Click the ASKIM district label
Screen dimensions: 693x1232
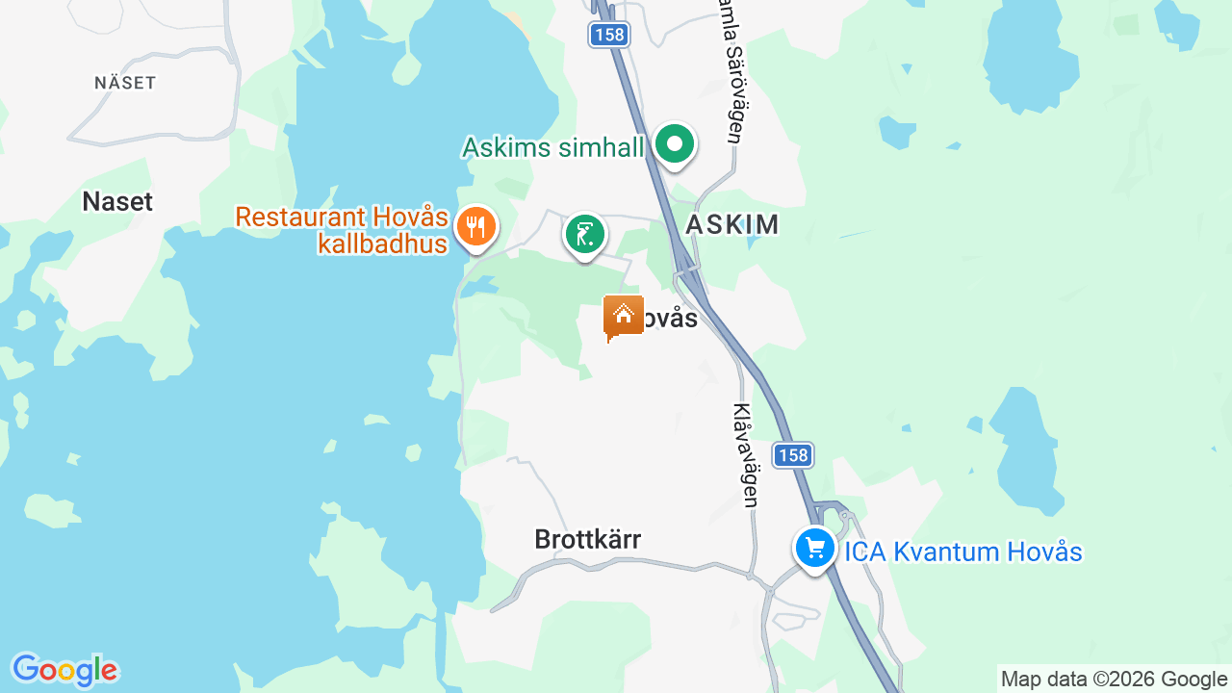coord(731,224)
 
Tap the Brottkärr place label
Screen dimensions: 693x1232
coord(587,539)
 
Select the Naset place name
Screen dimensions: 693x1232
coord(117,201)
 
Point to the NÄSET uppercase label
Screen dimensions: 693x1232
coord(125,83)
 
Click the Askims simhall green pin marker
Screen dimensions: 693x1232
coord(675,144)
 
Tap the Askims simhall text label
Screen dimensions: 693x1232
coord(552,147)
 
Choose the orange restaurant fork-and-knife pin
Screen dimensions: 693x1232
coord(475,228)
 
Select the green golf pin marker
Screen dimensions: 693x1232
coord(584,234)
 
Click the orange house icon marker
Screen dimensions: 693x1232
coord(624,316)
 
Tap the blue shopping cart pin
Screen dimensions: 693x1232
coord(815,548)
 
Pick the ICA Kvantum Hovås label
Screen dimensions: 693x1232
coord(963,552)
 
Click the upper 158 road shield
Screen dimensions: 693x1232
coord(608,36)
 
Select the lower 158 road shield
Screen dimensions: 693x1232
coord(793,455)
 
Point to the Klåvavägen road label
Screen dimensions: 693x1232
coord(745,454)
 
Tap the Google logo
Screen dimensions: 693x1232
coord(64,670)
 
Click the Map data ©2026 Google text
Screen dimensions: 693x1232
coord(1114,679)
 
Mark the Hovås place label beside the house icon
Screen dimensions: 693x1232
coord(670,319)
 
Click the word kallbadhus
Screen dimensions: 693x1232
coord(383,244)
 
